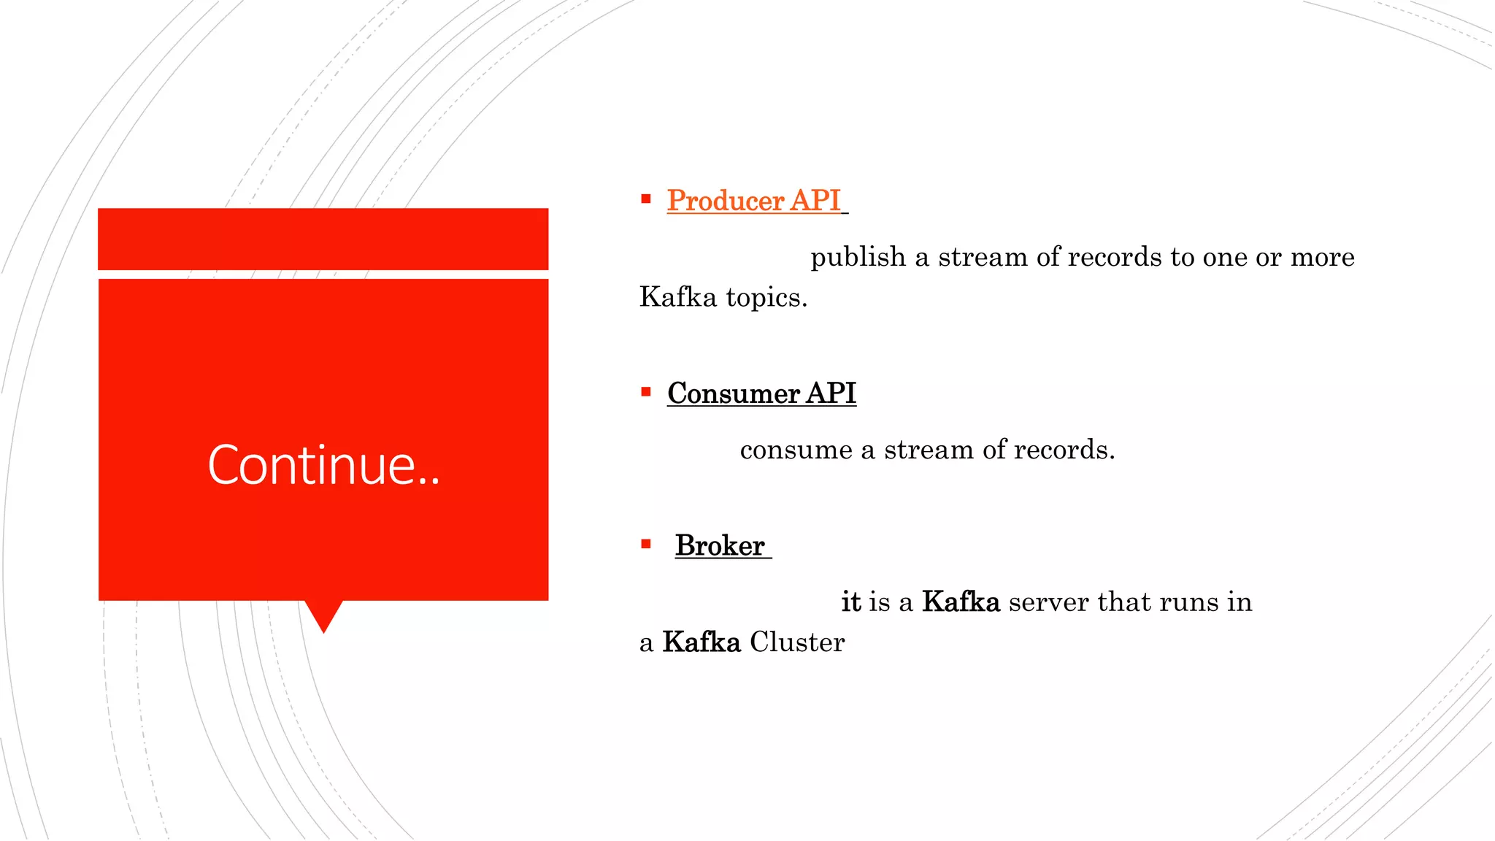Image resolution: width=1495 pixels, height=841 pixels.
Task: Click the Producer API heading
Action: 753,201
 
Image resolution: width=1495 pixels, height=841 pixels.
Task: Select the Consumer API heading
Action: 761,393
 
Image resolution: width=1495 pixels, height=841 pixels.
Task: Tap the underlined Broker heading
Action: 720,546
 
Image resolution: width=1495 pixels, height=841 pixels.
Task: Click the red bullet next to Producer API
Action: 646,199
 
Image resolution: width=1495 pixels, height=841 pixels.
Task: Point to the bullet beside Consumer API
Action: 646,392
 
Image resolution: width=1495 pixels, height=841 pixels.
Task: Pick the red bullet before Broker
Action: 646,544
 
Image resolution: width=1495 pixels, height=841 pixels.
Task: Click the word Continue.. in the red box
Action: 323,465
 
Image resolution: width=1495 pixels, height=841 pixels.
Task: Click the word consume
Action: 796,450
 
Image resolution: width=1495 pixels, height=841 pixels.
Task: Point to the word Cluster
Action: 797,643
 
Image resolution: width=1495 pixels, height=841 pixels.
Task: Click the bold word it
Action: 851,602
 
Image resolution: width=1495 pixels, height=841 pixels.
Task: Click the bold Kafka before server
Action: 961,602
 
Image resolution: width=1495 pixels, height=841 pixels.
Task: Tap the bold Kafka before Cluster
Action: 702,642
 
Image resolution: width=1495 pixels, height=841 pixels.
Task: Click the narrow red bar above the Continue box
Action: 323,239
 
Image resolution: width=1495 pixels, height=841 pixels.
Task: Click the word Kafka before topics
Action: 678,297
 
